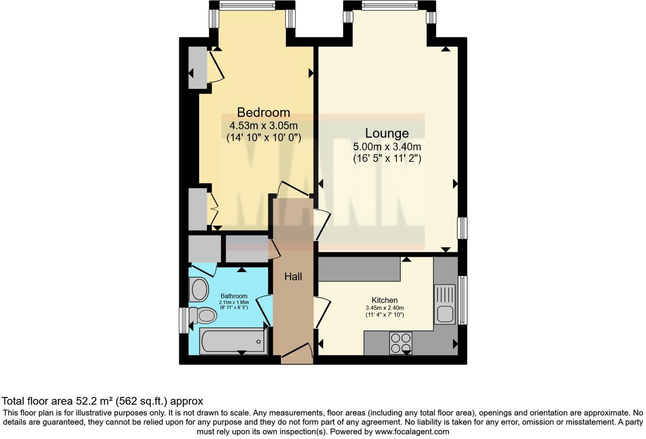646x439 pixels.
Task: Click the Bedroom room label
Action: tap(263, 112)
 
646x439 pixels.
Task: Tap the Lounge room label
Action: tap(387, 133)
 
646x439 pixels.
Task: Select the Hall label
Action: tap(293, 277)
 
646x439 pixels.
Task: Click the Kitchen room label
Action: tap(384, 300)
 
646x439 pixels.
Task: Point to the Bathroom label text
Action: tap(234, 296)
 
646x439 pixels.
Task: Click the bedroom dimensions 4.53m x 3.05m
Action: tap(263, 126)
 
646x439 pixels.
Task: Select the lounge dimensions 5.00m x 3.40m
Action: tap(387, 147)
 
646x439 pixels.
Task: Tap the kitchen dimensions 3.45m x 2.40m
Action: tap(384, 308)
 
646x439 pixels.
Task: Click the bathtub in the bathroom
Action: tap(233, 341)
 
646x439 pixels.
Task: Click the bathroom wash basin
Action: tap(199, 289)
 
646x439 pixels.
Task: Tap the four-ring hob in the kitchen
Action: tap(400, 343)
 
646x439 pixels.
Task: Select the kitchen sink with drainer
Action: tap(445, 304)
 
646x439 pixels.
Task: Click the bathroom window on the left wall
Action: tap(184, 320)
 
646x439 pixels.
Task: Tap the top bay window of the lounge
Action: tap(389, 6)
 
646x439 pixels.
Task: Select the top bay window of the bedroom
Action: tap(247, 6)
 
